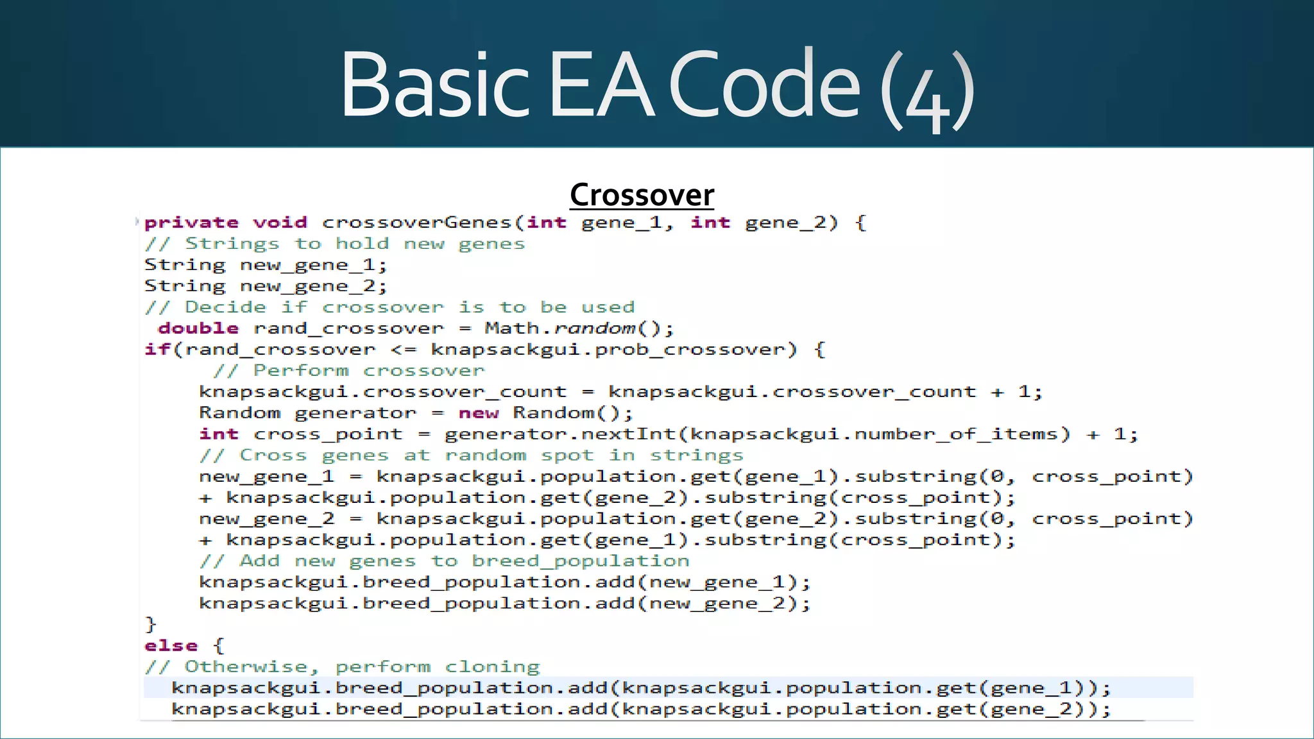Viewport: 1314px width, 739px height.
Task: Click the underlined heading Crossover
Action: (x=642, y=195)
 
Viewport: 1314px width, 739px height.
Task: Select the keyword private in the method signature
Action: (x=191, y=223)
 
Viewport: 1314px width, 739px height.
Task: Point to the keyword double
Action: (x=198, y=328)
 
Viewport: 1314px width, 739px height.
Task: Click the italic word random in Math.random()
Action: (x=595, y=328)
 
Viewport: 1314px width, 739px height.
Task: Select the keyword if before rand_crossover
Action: (x=157, y=350)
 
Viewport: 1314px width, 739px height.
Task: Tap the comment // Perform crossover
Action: (x=348, y=371)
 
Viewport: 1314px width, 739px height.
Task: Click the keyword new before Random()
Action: (x=478, y=413)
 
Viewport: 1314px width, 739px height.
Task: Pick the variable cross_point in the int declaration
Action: (x=328, y=434)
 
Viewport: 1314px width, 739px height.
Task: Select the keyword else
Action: (x=171, y=646)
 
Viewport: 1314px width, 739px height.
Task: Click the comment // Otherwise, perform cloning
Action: (x=342, y=667)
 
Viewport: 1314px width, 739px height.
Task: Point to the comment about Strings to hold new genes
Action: (x=334, y=244)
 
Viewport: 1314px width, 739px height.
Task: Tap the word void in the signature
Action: (x=280, y=223)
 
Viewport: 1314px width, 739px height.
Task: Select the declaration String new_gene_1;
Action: (x=266, y=265)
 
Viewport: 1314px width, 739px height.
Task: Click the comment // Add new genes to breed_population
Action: (x=444, y=561)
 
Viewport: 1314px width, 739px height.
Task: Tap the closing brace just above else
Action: (x=151, y=624)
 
